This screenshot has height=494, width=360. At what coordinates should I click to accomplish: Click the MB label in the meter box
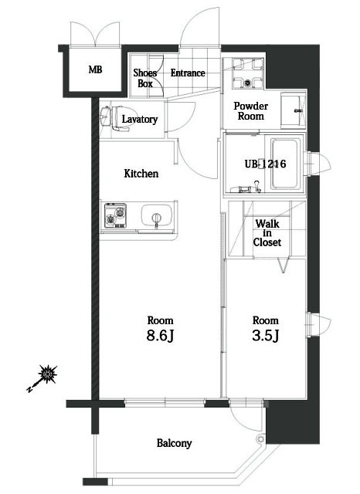click(95, 69)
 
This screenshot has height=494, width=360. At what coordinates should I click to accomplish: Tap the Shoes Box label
click(146, 78)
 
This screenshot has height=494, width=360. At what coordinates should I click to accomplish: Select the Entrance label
click(188, 73)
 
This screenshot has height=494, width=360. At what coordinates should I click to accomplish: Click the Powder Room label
click(251, 110)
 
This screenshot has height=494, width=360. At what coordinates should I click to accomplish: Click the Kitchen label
click(141, 174)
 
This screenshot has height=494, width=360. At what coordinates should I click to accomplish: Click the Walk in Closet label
click(267, 232)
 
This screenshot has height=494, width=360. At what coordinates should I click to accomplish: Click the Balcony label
click(174, 443)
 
